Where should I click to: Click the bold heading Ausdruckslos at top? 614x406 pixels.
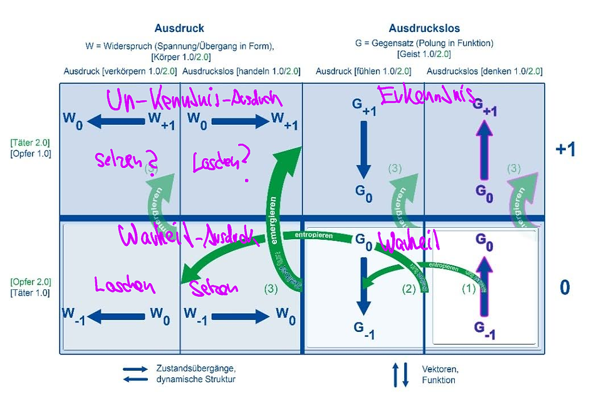[424, 28]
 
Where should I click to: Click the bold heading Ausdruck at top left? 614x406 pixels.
[179, 28]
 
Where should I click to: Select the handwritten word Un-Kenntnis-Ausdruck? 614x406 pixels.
[194, 99]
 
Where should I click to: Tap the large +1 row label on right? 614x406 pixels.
[565, 149]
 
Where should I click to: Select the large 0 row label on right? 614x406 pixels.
[565, 287]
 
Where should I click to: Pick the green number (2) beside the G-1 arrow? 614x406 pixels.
[408, 290]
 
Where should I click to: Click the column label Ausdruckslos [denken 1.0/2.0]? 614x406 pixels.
[484, 72]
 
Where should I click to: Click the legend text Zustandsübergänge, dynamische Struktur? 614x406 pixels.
[195, 373]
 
